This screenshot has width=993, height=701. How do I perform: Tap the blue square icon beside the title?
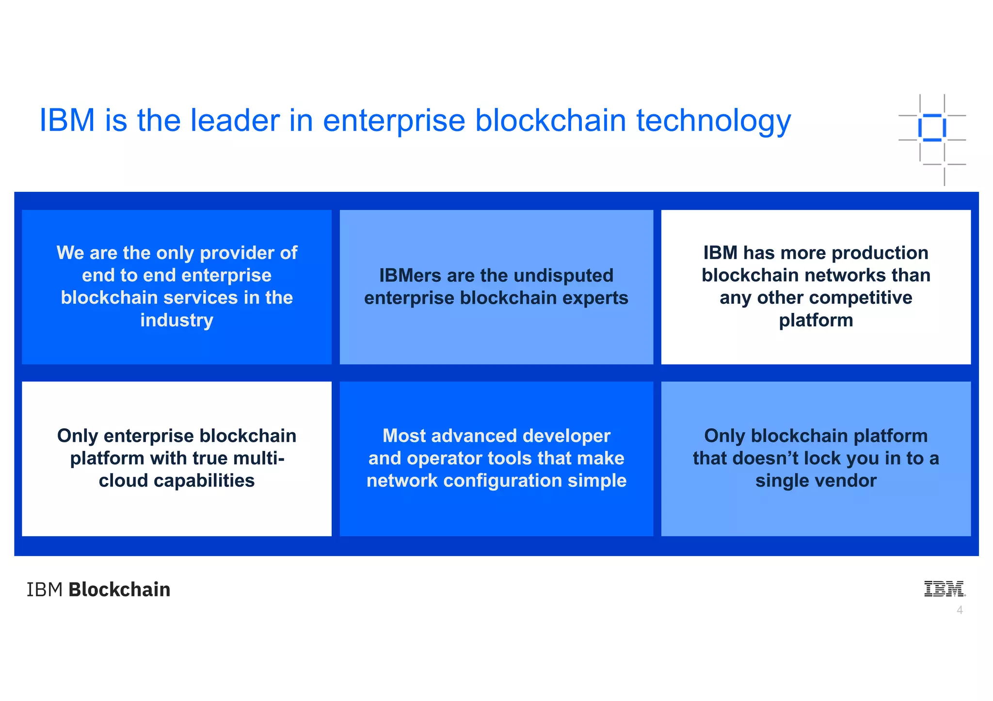931,128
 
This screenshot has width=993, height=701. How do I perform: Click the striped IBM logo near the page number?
944,589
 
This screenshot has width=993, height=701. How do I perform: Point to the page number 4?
960,610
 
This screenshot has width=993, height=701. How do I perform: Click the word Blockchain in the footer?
119,590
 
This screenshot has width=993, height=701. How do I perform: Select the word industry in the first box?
176,320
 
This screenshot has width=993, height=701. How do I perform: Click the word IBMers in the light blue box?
410,276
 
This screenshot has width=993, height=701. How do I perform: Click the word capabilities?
204,481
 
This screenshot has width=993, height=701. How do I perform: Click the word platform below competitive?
816,320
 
